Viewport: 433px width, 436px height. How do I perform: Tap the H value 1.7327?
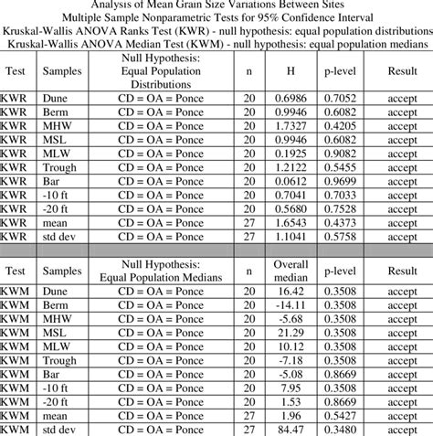click(x=290, y=126)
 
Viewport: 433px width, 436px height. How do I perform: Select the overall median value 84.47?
click(x=290, y=429)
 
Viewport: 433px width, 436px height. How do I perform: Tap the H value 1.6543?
click(x=290, y=220)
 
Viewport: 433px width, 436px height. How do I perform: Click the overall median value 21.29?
click(x=290, y=334)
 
